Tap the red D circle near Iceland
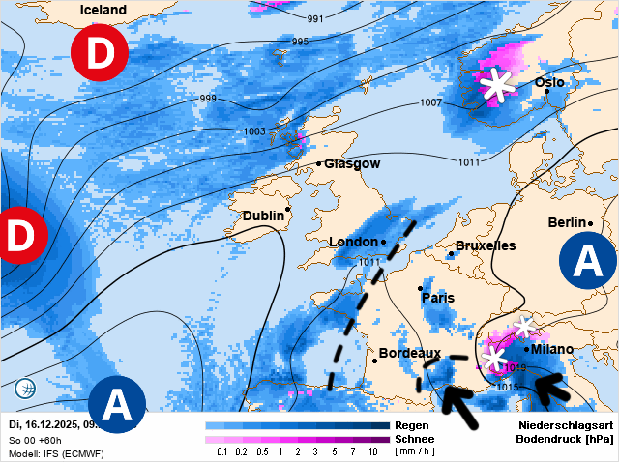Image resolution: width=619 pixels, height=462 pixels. (x=99, y=55)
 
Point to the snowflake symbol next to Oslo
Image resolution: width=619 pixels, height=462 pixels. (x=498, y=85)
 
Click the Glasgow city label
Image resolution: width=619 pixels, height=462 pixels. (x=351, y=163)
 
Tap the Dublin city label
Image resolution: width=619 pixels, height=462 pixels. (x=262, y=216)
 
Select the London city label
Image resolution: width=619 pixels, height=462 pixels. (x=353, y=242)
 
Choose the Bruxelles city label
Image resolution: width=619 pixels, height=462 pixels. (x=486, y=245)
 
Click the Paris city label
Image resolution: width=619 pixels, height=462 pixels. (x=437, y=298)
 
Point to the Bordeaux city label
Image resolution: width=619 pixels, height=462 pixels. (x=409, y=354)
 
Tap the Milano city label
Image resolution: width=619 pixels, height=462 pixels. (x=551, y=349)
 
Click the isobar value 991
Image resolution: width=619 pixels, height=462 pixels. (x=315, y=19)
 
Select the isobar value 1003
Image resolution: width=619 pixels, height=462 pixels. (x=254, y=131)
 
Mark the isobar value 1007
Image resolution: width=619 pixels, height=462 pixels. (x=431, y=102)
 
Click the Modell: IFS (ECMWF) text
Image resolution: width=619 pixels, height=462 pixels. (x=56, y=453)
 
